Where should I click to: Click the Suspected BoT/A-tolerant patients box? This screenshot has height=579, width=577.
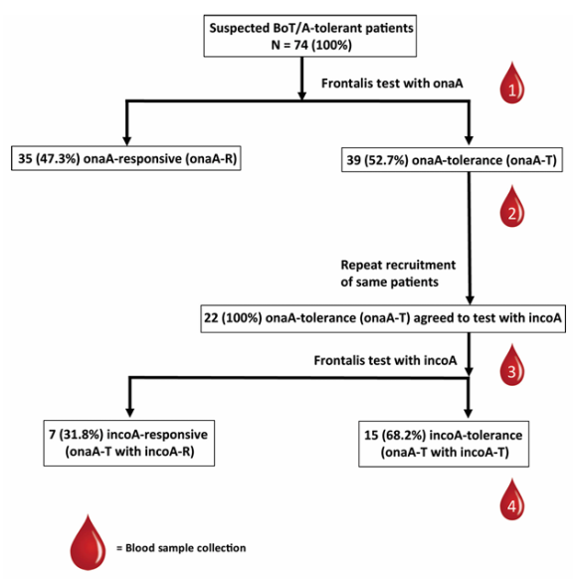(310, 36)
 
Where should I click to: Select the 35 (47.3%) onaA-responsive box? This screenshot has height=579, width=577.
(126, 158)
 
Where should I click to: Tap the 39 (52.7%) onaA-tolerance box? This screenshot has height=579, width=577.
(452, 160)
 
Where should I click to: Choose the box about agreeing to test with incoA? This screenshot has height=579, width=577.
(383, 318)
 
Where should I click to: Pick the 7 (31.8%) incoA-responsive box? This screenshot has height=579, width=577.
(129, 443)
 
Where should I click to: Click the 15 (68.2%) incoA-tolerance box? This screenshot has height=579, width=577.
(444, 444)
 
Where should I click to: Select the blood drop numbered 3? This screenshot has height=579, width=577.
(512, 365)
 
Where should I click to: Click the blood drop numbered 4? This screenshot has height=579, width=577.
(512, 499)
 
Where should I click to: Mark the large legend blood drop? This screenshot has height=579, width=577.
(88, 543)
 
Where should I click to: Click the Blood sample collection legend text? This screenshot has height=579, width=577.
(181, 548)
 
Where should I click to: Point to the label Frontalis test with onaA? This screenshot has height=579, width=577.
(392, 84)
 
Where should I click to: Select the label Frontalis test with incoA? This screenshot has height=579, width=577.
(385, 360)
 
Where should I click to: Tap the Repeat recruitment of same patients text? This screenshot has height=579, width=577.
(398, 274)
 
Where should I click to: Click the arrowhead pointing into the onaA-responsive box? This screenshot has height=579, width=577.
(127, 141)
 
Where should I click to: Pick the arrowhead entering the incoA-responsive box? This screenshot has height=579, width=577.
(129, 413)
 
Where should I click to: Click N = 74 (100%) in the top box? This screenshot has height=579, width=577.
(311, 45)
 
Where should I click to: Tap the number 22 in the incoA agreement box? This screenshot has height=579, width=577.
(211, 318)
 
